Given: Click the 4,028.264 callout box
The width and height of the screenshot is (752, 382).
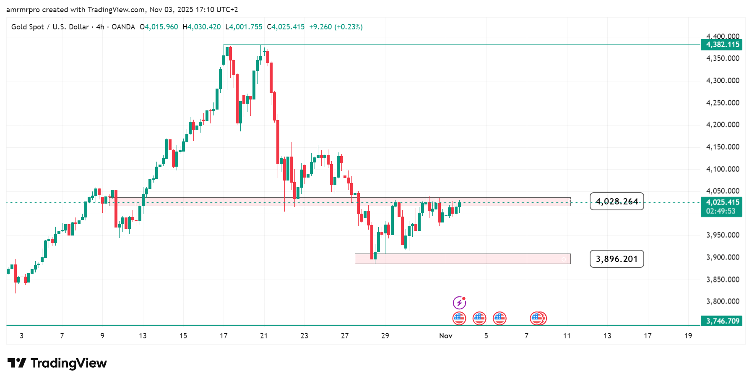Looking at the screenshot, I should [x=617, y=201].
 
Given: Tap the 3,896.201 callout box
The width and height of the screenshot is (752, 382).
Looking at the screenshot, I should [x=617, y=259].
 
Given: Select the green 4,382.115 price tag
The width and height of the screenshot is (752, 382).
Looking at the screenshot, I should [x=721, y=45].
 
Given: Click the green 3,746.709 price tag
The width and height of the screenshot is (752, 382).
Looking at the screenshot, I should [x=721, y=321].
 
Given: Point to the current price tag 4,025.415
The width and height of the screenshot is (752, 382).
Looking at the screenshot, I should [x=721, y=202].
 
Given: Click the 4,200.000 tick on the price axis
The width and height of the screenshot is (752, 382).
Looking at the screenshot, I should [x=722, y=125].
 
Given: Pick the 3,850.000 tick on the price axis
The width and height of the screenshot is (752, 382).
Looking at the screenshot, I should [x=722, y=280].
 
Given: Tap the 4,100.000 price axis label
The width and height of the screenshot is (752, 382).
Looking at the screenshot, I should [x=722, y=169].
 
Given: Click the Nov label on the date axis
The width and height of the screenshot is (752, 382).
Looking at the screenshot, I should [x=445, y=336].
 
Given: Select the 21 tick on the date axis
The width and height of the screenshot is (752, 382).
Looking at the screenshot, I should [x=264, y=336].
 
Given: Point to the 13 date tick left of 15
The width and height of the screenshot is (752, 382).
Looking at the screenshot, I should [x=143, y=336].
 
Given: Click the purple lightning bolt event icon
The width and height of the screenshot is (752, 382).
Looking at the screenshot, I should [x=459, y=302].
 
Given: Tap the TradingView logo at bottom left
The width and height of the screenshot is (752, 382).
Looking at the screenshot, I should [x=57, y=363].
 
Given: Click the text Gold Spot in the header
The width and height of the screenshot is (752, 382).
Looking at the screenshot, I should [x=28, y=27].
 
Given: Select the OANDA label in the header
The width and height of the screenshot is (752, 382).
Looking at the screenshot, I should [x=123, y=27].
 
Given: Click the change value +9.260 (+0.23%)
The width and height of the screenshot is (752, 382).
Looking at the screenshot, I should [x=336, y=27].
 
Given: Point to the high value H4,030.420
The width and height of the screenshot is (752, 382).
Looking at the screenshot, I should [x=202, y=27].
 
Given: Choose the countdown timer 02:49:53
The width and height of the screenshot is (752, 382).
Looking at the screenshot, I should [x=721, y=211].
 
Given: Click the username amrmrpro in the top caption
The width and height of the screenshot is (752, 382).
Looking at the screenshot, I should [x=23, y=10].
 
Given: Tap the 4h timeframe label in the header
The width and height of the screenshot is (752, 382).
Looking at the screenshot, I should [x=100, y=27].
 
